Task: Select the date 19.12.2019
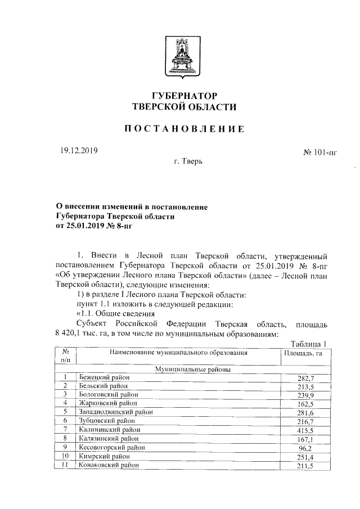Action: tap(79, 150)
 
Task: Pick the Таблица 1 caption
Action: tap(308, 344)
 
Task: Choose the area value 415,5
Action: tap(306, 430)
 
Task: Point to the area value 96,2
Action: tap(308, 447)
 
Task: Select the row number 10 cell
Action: tap(66, 456)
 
